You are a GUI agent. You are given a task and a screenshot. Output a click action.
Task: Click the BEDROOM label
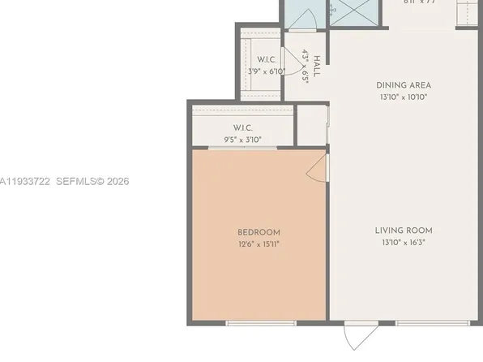coord(259,232)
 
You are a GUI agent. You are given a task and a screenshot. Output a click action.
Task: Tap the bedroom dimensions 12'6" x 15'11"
coord(259,243)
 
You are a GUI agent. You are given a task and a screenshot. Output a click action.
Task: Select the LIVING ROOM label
coord(403,231)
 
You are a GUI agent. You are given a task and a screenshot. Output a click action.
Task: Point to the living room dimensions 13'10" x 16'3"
coord(403,242)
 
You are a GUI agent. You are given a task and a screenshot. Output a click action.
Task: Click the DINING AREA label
coord(403,85)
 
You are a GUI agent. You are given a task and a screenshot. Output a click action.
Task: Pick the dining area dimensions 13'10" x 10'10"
coord(403,97)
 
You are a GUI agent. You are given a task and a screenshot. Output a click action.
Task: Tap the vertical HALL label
coord(317,66)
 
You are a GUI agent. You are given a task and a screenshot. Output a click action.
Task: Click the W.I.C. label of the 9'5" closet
coord(243,127)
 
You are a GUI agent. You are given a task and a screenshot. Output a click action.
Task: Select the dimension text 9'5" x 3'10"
coord(243,140)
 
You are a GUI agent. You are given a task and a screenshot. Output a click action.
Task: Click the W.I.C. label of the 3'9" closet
coord(267,59)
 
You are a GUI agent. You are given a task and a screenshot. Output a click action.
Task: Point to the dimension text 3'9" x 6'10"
coord(267,71)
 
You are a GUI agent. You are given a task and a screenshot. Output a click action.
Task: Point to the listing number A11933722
coord(25,181)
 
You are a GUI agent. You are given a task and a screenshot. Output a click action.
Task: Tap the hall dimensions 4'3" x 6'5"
coord(306,66)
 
